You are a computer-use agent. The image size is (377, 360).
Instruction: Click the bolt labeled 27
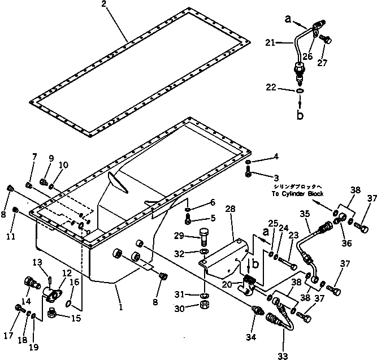[325, 39]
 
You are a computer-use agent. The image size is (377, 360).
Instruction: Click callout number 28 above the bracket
[231, 210]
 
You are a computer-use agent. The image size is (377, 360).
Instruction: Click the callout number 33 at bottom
[283, 355]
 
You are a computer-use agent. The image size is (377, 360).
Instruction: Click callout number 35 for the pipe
[305, 214]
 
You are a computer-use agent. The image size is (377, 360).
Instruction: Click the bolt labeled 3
[249, 174]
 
